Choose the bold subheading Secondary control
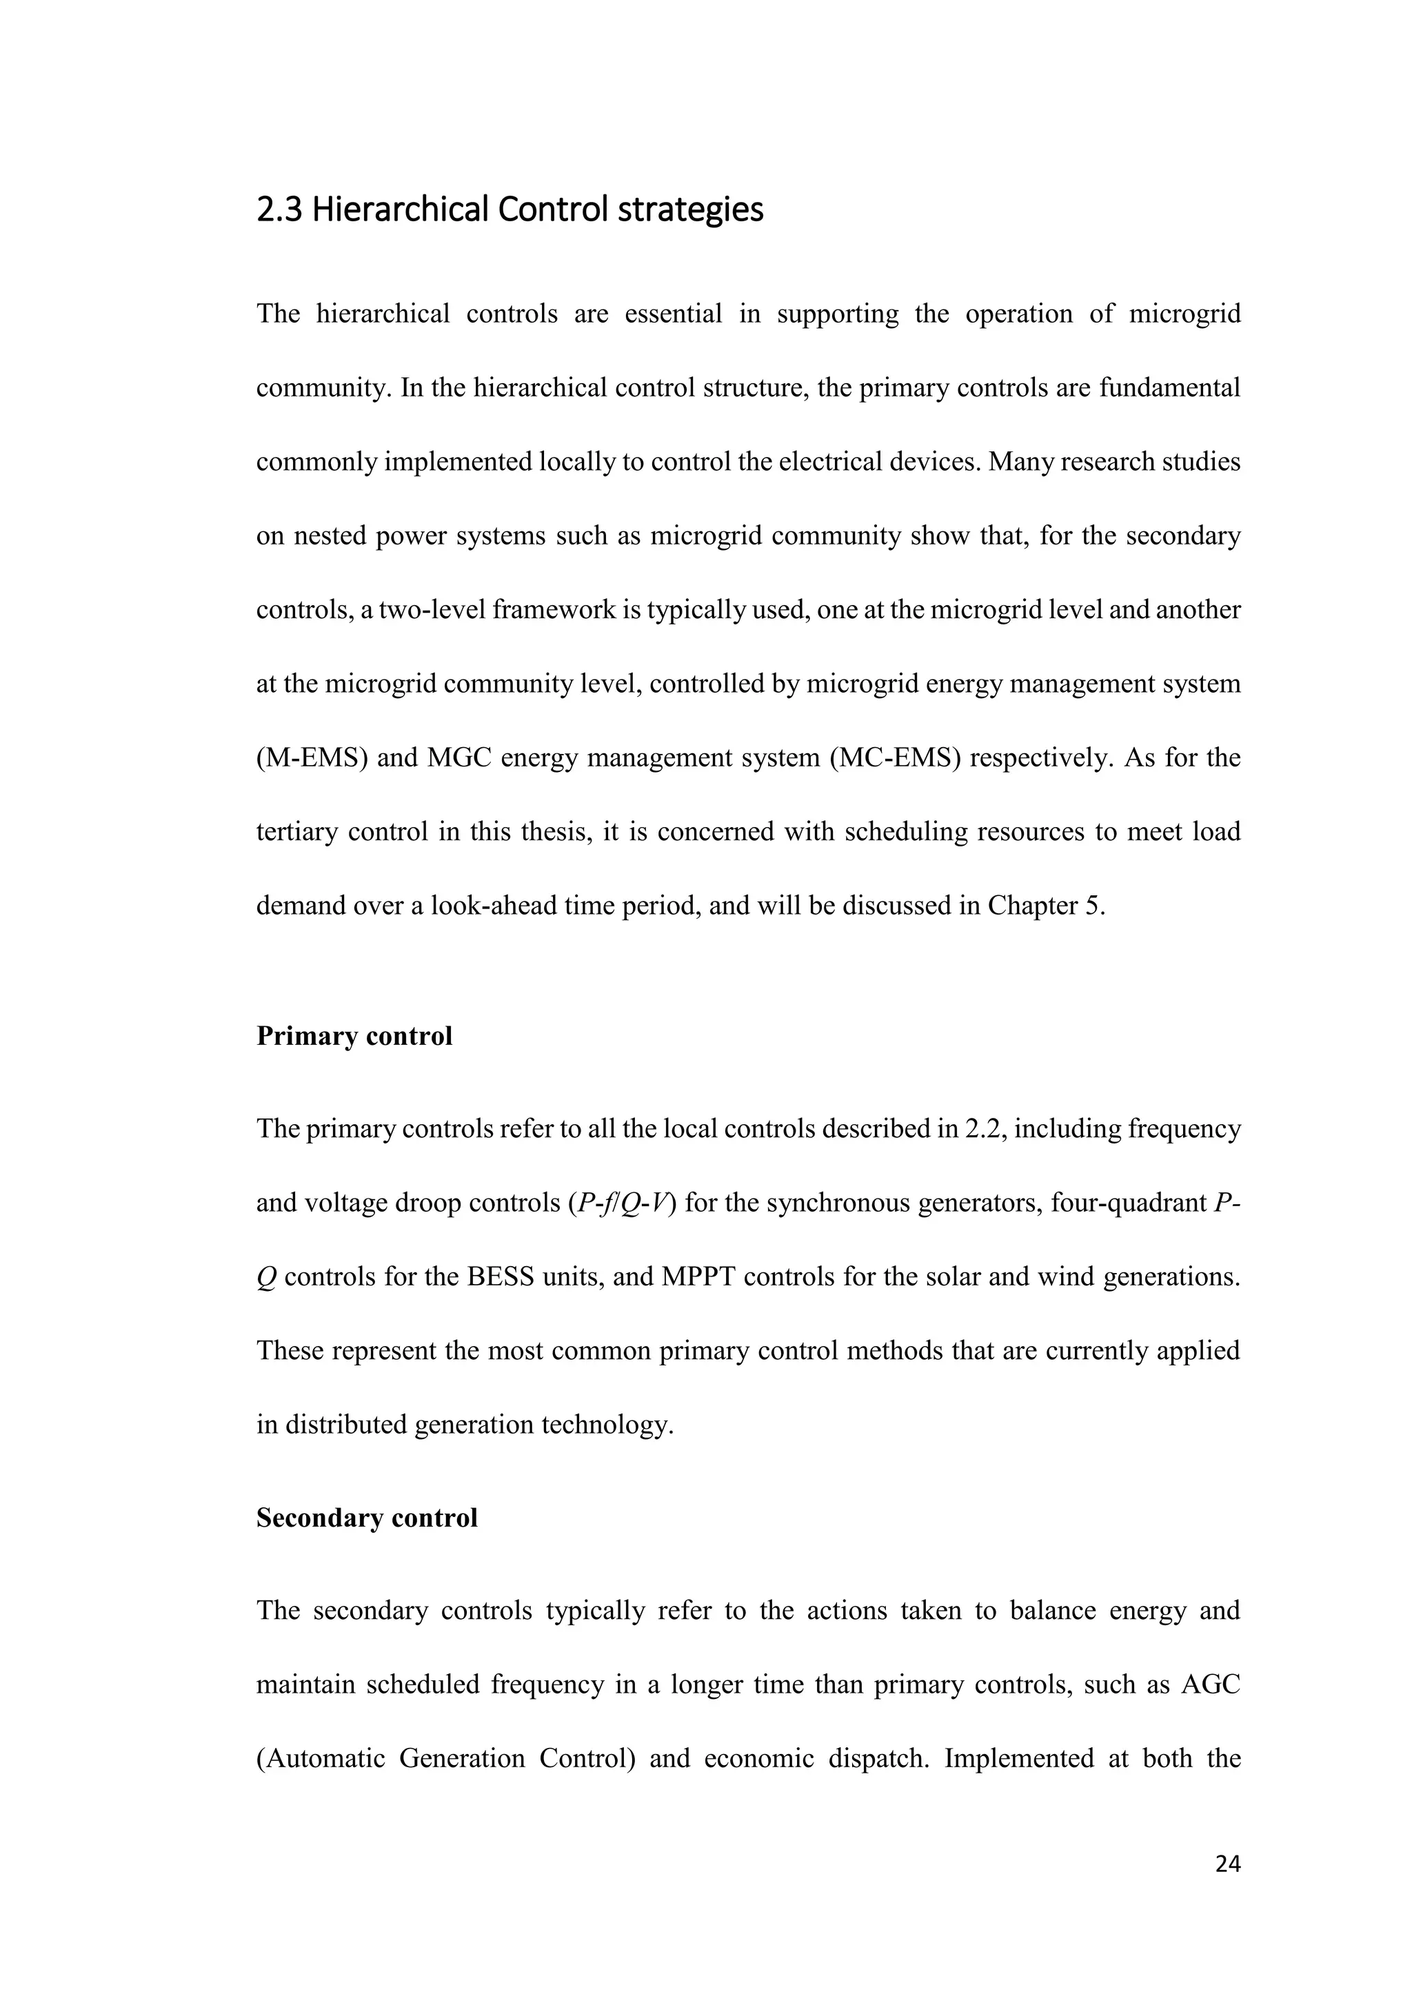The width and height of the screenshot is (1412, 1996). pyautogui.click(x=367, y=1518)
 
